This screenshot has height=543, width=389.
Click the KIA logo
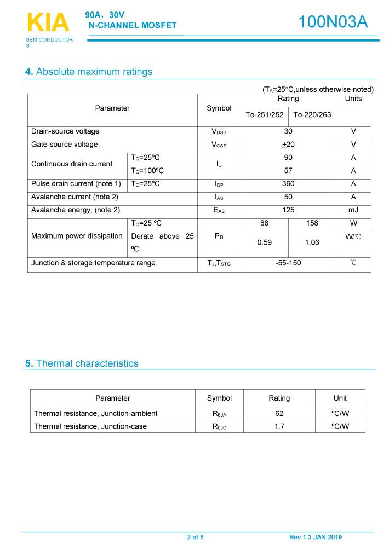(x=48, y=23)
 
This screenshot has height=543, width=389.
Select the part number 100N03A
(x=333, y=22)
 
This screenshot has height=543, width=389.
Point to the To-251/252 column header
(x=264, y=115)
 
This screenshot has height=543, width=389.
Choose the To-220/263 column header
(x=312, y=115)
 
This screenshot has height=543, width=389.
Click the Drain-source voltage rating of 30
(x=288, y=131)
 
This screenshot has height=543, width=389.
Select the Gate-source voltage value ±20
(x=288, y=145)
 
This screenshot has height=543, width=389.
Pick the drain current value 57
(x=288, y=171)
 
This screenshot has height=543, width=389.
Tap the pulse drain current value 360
(x=288, y=184)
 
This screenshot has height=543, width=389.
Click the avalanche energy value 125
(x=288, y=210)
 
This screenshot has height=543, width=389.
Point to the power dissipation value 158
(x=312, y=223)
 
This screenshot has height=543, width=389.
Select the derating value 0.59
(x=264, y=242)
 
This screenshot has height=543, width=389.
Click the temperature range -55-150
(x=288, y=263)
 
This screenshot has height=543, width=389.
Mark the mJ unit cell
(x=353, y=210)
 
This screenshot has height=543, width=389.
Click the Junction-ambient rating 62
(x=279, y=413)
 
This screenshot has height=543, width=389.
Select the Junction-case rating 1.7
(x=279, y=426)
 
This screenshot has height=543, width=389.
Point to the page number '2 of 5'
(x=195, y=537)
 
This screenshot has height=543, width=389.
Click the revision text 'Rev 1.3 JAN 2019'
(x=315, y=537)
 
